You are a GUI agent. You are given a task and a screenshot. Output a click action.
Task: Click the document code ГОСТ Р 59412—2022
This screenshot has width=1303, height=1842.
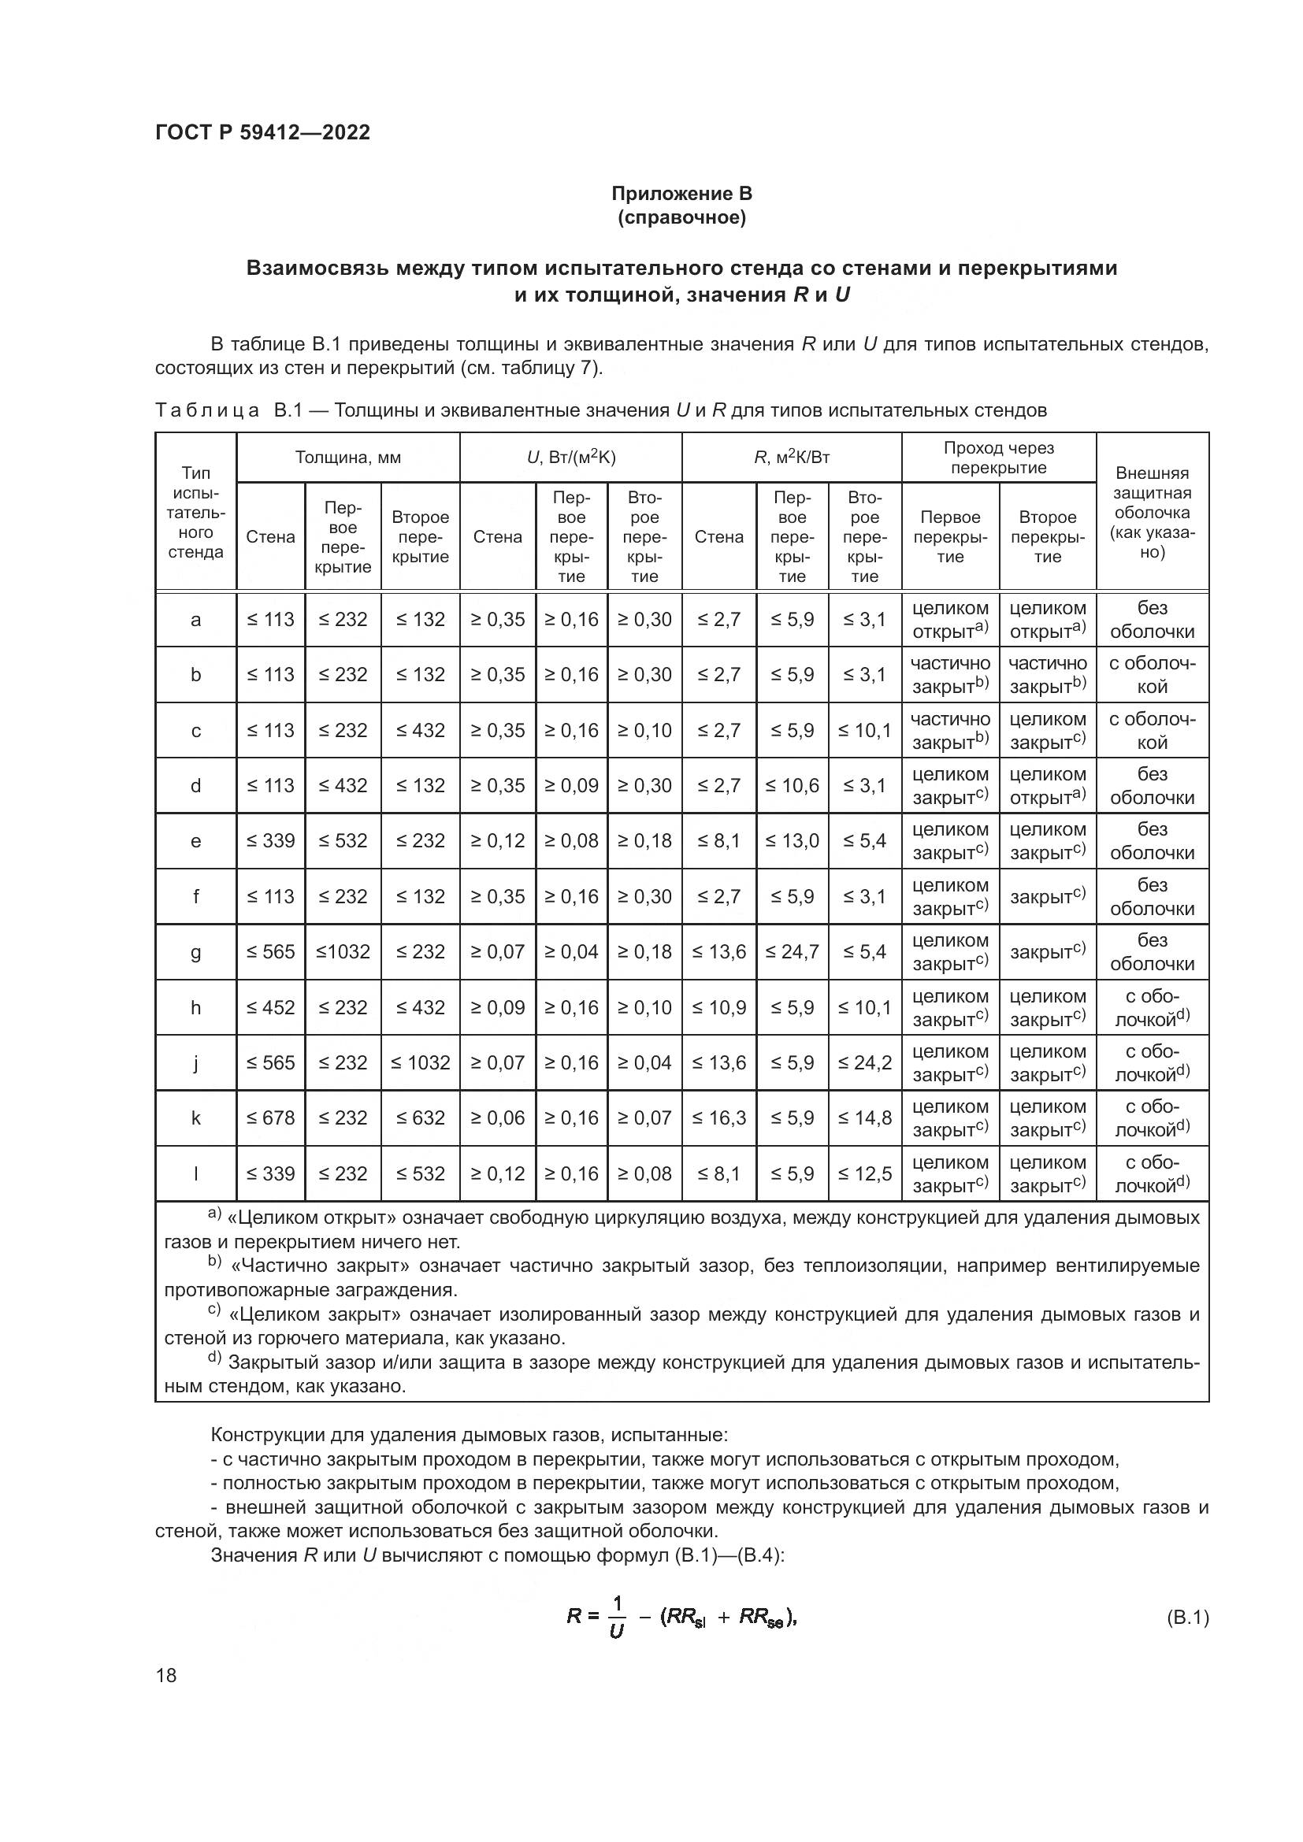[x=262, y=132]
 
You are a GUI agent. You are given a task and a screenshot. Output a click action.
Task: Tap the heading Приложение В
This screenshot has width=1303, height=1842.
[x=681, y=194]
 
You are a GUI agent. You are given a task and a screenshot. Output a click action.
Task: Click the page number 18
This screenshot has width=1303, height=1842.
[x=166, y=1675]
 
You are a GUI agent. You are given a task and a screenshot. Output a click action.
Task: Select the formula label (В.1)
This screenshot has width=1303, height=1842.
[x=1186, y=1618]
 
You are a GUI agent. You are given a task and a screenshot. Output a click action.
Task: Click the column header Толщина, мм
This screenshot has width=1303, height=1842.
[x=347, y=458]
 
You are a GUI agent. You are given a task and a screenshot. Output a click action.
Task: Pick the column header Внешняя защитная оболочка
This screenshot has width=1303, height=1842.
[x=1153, y=512]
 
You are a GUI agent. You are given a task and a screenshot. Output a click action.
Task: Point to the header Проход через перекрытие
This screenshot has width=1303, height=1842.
[x=998, y=458]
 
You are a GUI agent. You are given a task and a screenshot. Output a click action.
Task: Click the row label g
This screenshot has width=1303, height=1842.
[x=196, y=952]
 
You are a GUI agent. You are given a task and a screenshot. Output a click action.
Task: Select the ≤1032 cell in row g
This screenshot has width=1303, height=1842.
[x=343, y=952]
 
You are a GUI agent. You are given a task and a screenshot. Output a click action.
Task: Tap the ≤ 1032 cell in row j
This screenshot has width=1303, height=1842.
[x=421, y=1063]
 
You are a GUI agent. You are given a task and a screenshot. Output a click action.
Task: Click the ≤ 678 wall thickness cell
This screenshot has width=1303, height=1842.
[x=270, y=1118]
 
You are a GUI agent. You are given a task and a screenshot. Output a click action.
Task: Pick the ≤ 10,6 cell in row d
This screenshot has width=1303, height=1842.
[x=792, y=785]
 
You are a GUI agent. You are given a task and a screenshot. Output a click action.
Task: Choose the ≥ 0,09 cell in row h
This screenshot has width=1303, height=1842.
[x=497, y=1008]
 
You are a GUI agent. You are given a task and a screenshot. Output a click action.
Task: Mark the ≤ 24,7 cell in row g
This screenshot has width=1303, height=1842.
[x=792, y=952]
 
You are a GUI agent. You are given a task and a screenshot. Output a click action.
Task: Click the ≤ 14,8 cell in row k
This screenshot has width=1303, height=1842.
[x=864, y=1118]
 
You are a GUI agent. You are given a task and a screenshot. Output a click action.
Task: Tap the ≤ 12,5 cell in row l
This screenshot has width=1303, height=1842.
[x=864, y=1173]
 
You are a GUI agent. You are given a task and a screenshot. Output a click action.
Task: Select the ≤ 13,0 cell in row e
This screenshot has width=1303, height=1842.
[x=792, y=841]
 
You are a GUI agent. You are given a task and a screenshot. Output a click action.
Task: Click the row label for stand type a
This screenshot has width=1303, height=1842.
[x=196, y=619]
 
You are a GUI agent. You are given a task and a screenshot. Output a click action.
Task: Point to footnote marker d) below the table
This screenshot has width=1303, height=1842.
[x=214, y=1357]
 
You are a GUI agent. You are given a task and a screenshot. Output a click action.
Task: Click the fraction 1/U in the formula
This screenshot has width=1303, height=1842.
[x=616, y=1617]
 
